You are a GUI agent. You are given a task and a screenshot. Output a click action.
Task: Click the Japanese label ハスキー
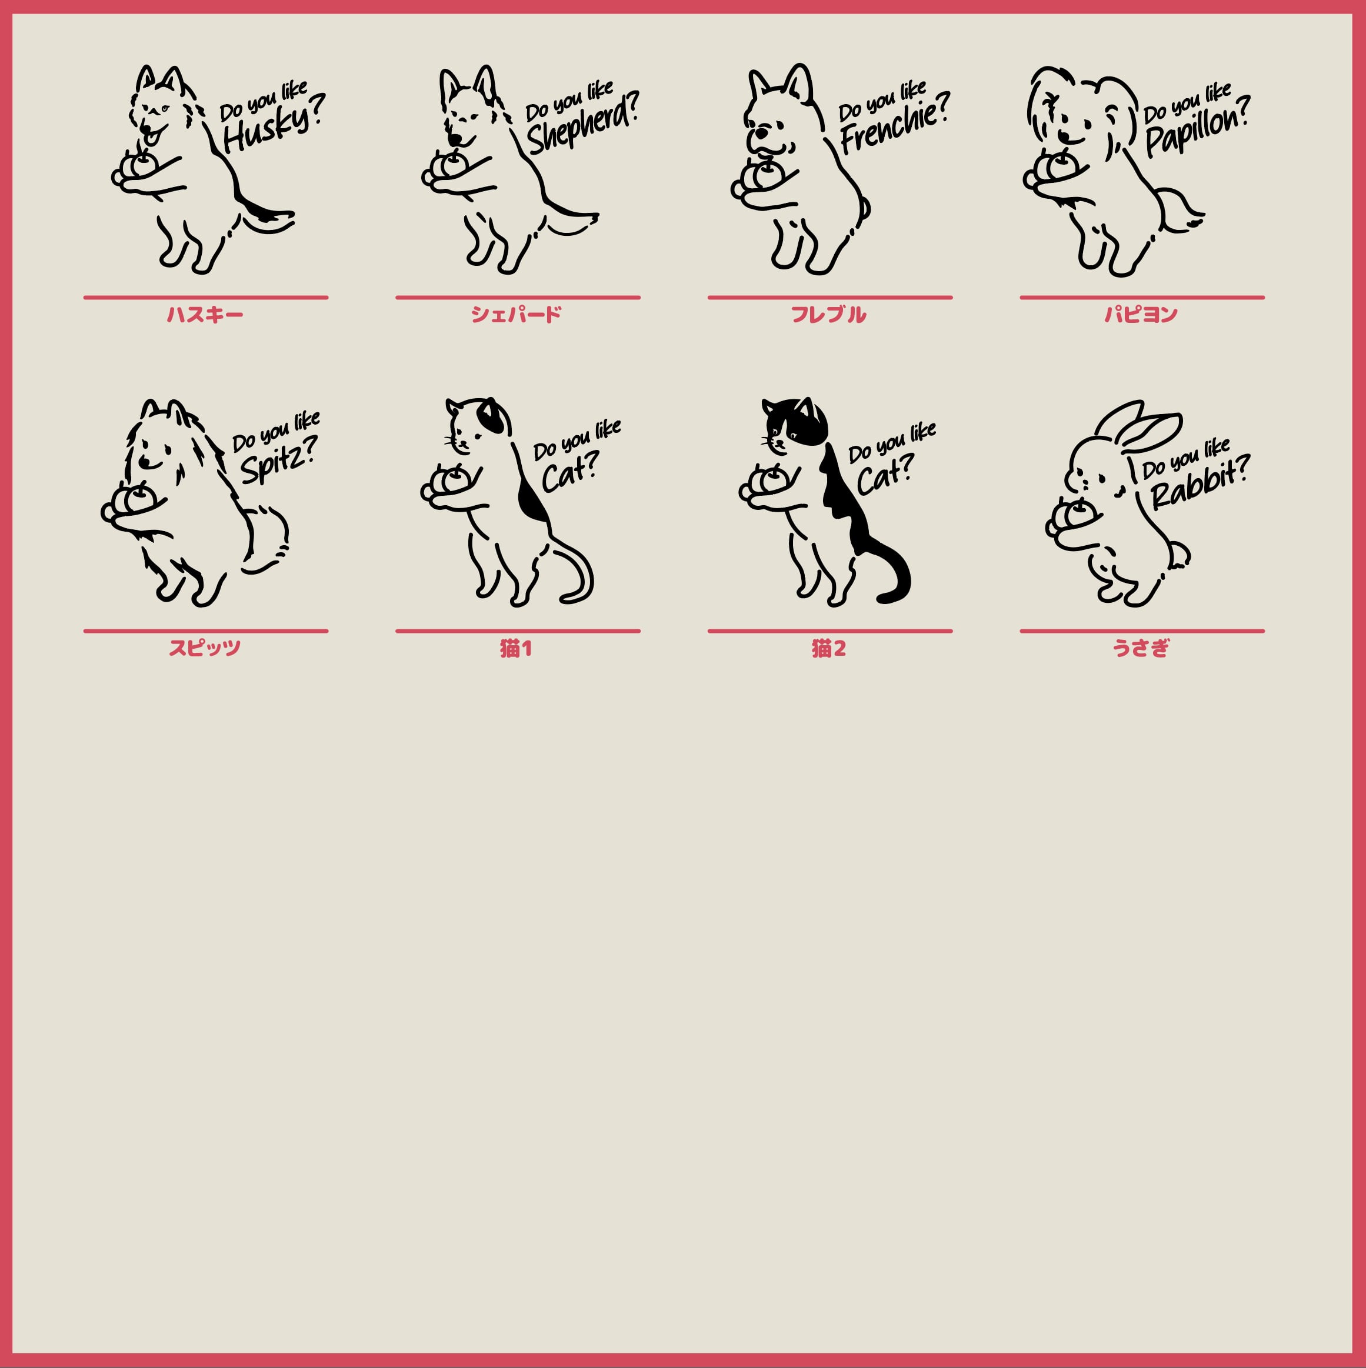pos(205,315)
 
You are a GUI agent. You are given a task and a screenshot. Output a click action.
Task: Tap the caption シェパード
pos(517,315)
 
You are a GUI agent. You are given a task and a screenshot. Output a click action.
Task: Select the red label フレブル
pos(828,315)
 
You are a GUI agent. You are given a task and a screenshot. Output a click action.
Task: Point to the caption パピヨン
pos(1141,315)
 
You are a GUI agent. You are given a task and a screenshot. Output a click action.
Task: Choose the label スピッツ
pos(205,648)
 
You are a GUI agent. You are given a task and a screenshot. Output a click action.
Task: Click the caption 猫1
pos(517,648)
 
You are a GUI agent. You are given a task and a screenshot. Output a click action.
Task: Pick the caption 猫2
pos(828,648)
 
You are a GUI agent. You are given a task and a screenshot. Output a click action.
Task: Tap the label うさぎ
pos(1141,648)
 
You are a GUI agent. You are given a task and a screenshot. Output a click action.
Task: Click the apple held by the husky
pos(144,164)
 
